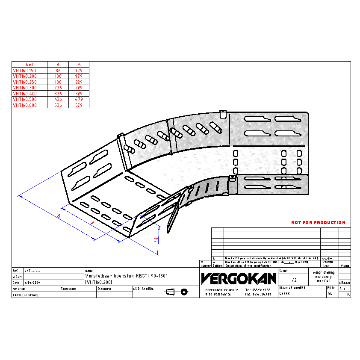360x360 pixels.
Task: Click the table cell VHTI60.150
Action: pos(24,70)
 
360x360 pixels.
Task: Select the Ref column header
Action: pos(29,65)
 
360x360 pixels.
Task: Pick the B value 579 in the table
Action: pos(79,105)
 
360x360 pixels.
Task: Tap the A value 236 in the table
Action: pos(58,88)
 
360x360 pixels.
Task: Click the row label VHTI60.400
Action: pos(24,93)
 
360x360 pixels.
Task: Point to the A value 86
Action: pos(58,70)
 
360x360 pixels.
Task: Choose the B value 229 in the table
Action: pos(79,82)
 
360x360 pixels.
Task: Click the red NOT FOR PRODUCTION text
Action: pos(318,223)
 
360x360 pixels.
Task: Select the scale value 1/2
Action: pos(293,280)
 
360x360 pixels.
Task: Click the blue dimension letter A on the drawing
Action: pos(92,223)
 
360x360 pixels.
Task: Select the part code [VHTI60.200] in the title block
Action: pos(99,282)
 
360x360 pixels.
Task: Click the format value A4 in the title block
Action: pos(330,294)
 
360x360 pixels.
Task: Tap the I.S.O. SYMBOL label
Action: pos(143,289)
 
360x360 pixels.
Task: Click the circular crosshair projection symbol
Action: pos(184,292)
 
